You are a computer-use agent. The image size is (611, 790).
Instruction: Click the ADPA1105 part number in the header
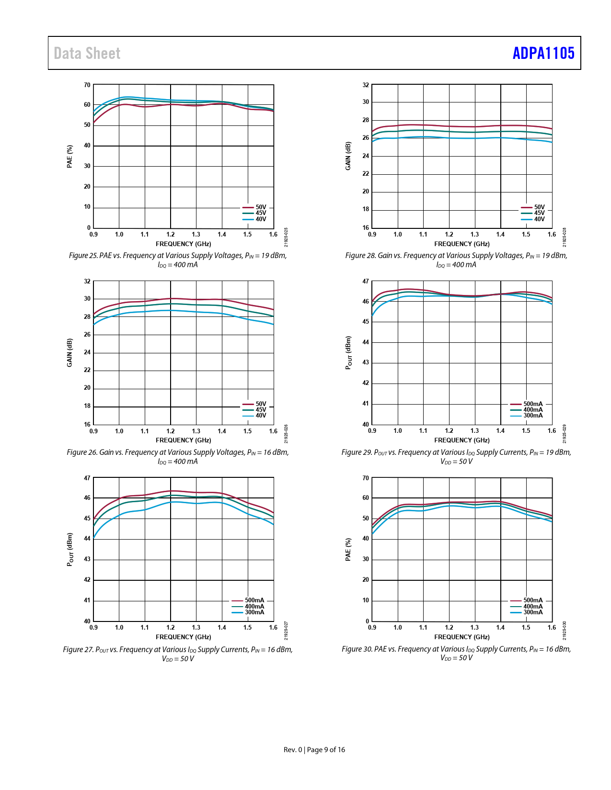(543, 53)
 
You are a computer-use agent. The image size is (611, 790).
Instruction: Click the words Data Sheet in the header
(87, 53)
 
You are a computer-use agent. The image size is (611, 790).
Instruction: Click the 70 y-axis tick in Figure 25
(87, 85)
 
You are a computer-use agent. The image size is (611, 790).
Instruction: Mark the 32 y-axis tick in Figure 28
(366, 85)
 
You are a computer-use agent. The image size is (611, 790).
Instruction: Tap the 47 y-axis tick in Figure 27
(87, 478)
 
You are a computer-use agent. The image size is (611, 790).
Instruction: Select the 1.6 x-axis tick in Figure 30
(552, 628)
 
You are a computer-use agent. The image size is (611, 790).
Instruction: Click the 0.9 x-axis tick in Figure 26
(93, 431)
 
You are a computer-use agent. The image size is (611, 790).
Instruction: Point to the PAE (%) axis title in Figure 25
(70, 157)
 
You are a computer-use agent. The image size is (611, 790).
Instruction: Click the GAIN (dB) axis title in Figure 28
(348, 156)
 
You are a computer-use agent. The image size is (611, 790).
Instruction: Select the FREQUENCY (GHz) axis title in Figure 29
(462, 440)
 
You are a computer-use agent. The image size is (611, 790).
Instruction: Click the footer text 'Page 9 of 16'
(326, 750)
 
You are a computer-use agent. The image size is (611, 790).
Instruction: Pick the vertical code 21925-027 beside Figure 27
(286, 631)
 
